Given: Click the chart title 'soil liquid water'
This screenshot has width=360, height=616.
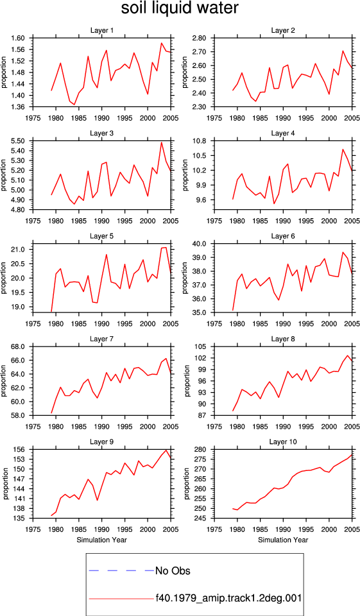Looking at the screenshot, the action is pyautogui.click(x=180, y=8).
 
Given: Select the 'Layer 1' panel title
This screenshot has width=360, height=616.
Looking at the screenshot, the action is pyautogui.click(x=102, y=30).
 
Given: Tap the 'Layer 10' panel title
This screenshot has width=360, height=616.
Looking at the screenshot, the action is pyautogui.click(x=283, y=442).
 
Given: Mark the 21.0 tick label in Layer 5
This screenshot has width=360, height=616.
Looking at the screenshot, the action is pyautogui.click(x=20, y=250).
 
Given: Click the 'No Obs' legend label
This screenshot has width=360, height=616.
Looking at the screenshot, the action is pyautogui.click(x=173, y=570).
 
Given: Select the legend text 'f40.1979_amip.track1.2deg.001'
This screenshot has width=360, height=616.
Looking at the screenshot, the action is pyautogui.click(x=228, y=598).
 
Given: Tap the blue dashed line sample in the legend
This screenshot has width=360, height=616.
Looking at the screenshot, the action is pyautogui.click(x=122, y=570).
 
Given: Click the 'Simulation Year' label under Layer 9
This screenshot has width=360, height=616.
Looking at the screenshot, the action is pyautogui.click(x=101, y=540).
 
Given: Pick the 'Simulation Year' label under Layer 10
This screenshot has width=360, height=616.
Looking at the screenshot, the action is pyautogui.click(x=283, y=540).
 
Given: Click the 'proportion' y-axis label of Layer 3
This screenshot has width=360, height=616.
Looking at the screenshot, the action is pyautogui.click(x=4, y=175).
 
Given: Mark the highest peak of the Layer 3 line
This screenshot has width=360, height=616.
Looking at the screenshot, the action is pyautogui.click(x=162, y=142).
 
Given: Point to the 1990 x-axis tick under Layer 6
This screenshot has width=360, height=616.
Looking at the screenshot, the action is pyautogui.click(x=283, y=323).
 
